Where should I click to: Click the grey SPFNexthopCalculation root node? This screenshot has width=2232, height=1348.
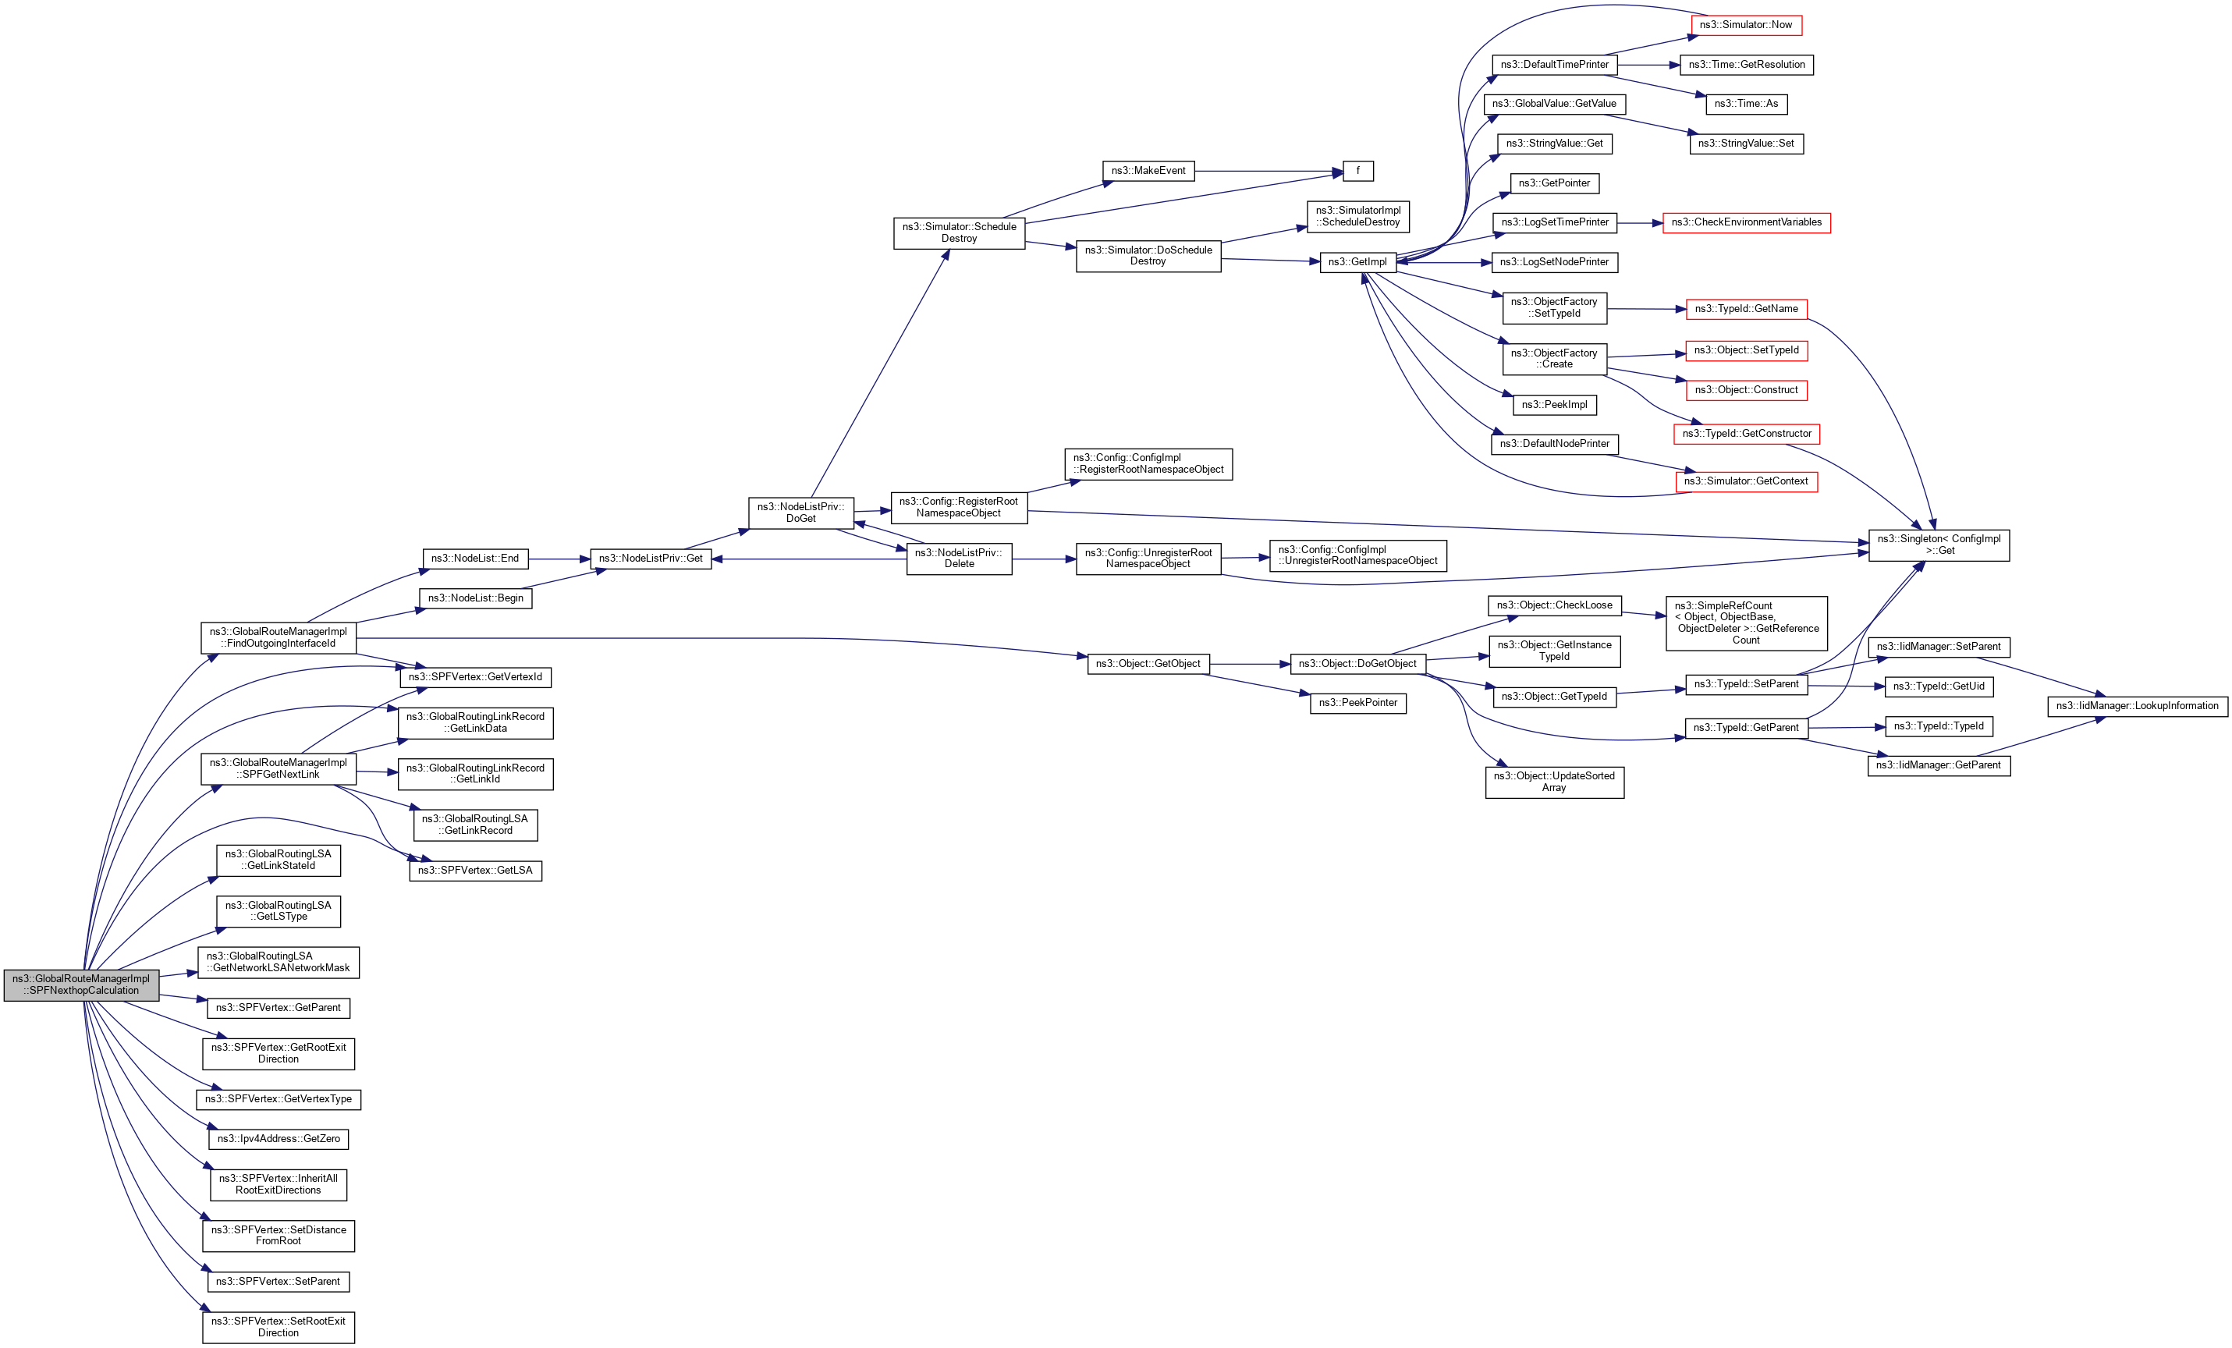point(82,984)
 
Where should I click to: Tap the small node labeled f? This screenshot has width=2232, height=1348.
point(1358,171)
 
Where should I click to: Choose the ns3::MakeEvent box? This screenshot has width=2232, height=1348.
point(1148,171)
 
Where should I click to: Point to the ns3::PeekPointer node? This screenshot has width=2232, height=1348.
point(1358,703)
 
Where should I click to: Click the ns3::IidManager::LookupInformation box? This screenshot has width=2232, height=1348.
point(2137,707)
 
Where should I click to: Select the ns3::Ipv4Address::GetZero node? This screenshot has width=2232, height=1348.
point(278,1139)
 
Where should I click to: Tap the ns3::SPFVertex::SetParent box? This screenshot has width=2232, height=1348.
point(278,1282)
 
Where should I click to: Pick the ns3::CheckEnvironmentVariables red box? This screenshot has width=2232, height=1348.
point(1745,223)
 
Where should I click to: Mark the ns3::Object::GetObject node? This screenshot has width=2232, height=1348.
point(1148,664)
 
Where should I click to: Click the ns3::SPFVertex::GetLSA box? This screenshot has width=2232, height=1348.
point(476,871)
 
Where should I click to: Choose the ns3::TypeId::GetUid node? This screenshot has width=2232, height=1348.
point(1938,686)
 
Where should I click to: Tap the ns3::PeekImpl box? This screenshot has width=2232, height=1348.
point(1554,405)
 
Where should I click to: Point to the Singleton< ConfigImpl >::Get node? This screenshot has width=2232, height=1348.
point(1939,545)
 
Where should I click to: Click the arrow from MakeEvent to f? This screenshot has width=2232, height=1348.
point(1269,171)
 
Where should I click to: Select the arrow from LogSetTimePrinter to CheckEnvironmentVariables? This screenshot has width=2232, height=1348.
point(1640,223)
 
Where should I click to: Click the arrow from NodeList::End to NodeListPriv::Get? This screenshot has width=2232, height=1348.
point(559,559)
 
